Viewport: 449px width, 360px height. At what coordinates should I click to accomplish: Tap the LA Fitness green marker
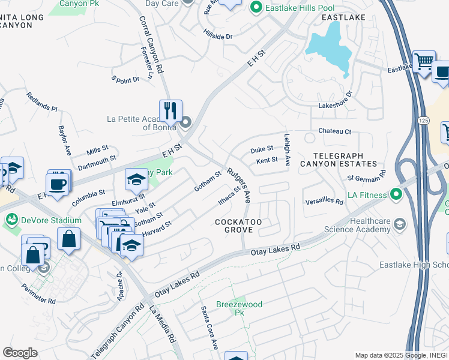(x=396, y=194)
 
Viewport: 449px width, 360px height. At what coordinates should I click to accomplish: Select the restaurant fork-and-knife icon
(x=170, y=110)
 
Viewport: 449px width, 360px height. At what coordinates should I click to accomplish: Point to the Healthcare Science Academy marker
(x=399, y=224)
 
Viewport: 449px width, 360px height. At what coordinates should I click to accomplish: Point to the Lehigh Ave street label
(x=288, y=149)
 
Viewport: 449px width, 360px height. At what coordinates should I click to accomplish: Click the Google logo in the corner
(x=20, y=352)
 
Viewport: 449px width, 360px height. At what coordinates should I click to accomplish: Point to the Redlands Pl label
(x=41, y=102)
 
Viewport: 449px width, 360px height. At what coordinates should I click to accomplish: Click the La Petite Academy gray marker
(x=185, y=124)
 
